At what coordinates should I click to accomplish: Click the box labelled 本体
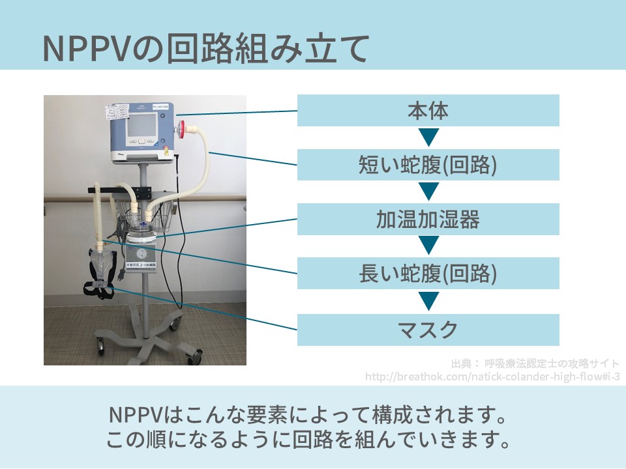(428, 111)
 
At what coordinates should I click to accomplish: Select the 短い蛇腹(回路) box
(428, 165)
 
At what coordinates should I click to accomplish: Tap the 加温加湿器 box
(428, 219)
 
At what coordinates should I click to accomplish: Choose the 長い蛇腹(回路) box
(428, 274)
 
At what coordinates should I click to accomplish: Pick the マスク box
(428, 330)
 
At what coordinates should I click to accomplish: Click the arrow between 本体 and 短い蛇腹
(428, 137)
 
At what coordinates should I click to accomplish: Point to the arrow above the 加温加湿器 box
(428, 192)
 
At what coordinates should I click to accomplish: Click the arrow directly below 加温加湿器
(428, 246)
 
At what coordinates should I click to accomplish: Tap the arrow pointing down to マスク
(428, 302)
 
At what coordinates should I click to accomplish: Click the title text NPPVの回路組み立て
(206, 49)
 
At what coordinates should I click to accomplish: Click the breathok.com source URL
(492, 377)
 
